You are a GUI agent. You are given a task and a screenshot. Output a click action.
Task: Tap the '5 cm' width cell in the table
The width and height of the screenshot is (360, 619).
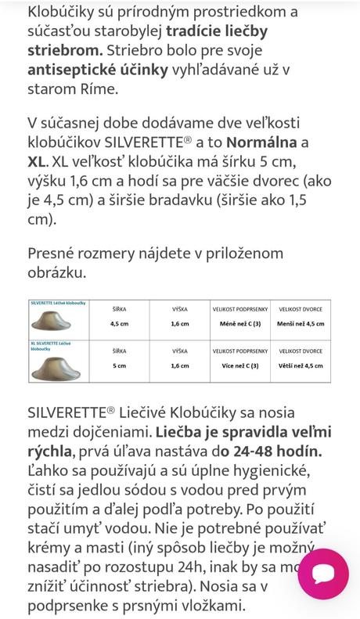120,365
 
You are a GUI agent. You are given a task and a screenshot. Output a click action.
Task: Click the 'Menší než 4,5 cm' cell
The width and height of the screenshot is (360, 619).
301,322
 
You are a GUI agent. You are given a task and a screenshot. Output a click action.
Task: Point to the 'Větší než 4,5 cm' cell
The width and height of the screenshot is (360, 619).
301,365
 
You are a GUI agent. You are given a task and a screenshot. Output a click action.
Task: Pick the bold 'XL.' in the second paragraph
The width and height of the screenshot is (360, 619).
37,161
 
